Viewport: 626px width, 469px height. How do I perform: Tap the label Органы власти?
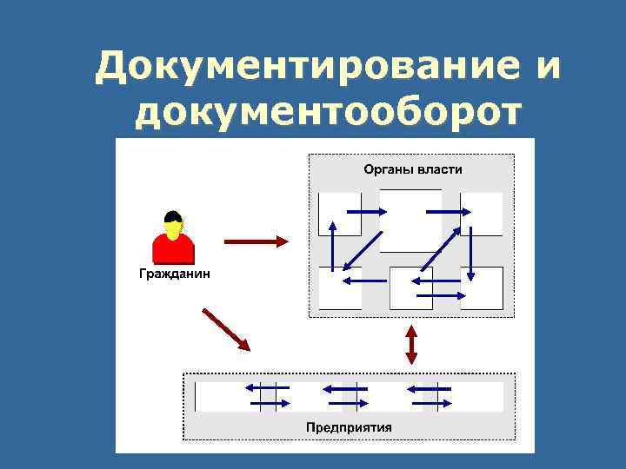(412, 169)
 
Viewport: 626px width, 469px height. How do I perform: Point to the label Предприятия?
(349, 426)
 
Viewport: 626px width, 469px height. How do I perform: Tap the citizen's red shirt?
(172, 249)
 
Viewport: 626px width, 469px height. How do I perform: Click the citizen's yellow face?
(173, 228)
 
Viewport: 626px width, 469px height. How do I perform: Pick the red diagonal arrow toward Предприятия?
(227, 330)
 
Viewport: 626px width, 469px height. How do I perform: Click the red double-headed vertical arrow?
(412, 344)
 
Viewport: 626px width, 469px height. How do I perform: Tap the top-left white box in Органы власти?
(339, 214)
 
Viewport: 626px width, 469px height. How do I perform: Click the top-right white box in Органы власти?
(482, 214)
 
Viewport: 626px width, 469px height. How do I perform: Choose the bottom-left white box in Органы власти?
(339, 288)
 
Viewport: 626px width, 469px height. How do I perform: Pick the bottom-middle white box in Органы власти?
(410, 288)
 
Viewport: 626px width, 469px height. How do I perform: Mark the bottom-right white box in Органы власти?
(482, 288)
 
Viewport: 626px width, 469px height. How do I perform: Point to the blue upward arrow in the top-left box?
(331, 234)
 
